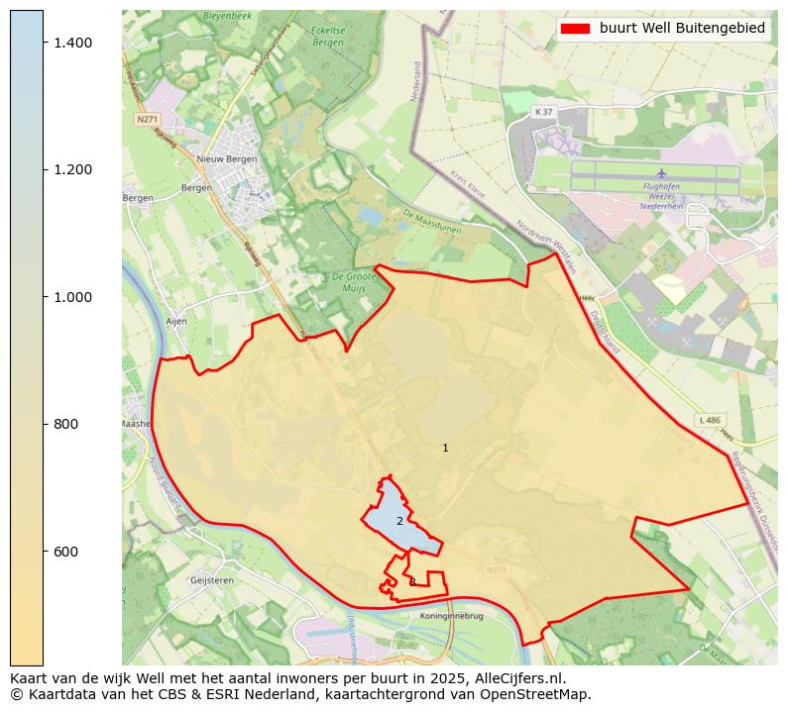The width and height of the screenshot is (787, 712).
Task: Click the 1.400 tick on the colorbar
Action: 71,42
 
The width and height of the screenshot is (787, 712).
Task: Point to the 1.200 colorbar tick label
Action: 71,169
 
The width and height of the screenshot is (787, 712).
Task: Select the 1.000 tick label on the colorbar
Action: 71,297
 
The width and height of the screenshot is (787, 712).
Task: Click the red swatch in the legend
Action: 575,29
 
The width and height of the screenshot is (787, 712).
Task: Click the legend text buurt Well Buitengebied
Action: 682,29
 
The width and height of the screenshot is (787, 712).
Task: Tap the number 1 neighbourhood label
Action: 445,449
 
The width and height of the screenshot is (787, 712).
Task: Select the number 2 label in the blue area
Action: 399,521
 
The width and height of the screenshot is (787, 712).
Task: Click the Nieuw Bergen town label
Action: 227,158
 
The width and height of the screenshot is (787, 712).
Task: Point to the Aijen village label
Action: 176,322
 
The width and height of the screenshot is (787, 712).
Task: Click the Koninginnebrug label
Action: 451,615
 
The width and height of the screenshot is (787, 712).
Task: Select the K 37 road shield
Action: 541,112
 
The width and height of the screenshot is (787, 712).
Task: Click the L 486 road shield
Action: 708,420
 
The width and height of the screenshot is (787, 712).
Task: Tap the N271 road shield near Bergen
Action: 147,119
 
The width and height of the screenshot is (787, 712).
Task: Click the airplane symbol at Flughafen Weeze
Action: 661,174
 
